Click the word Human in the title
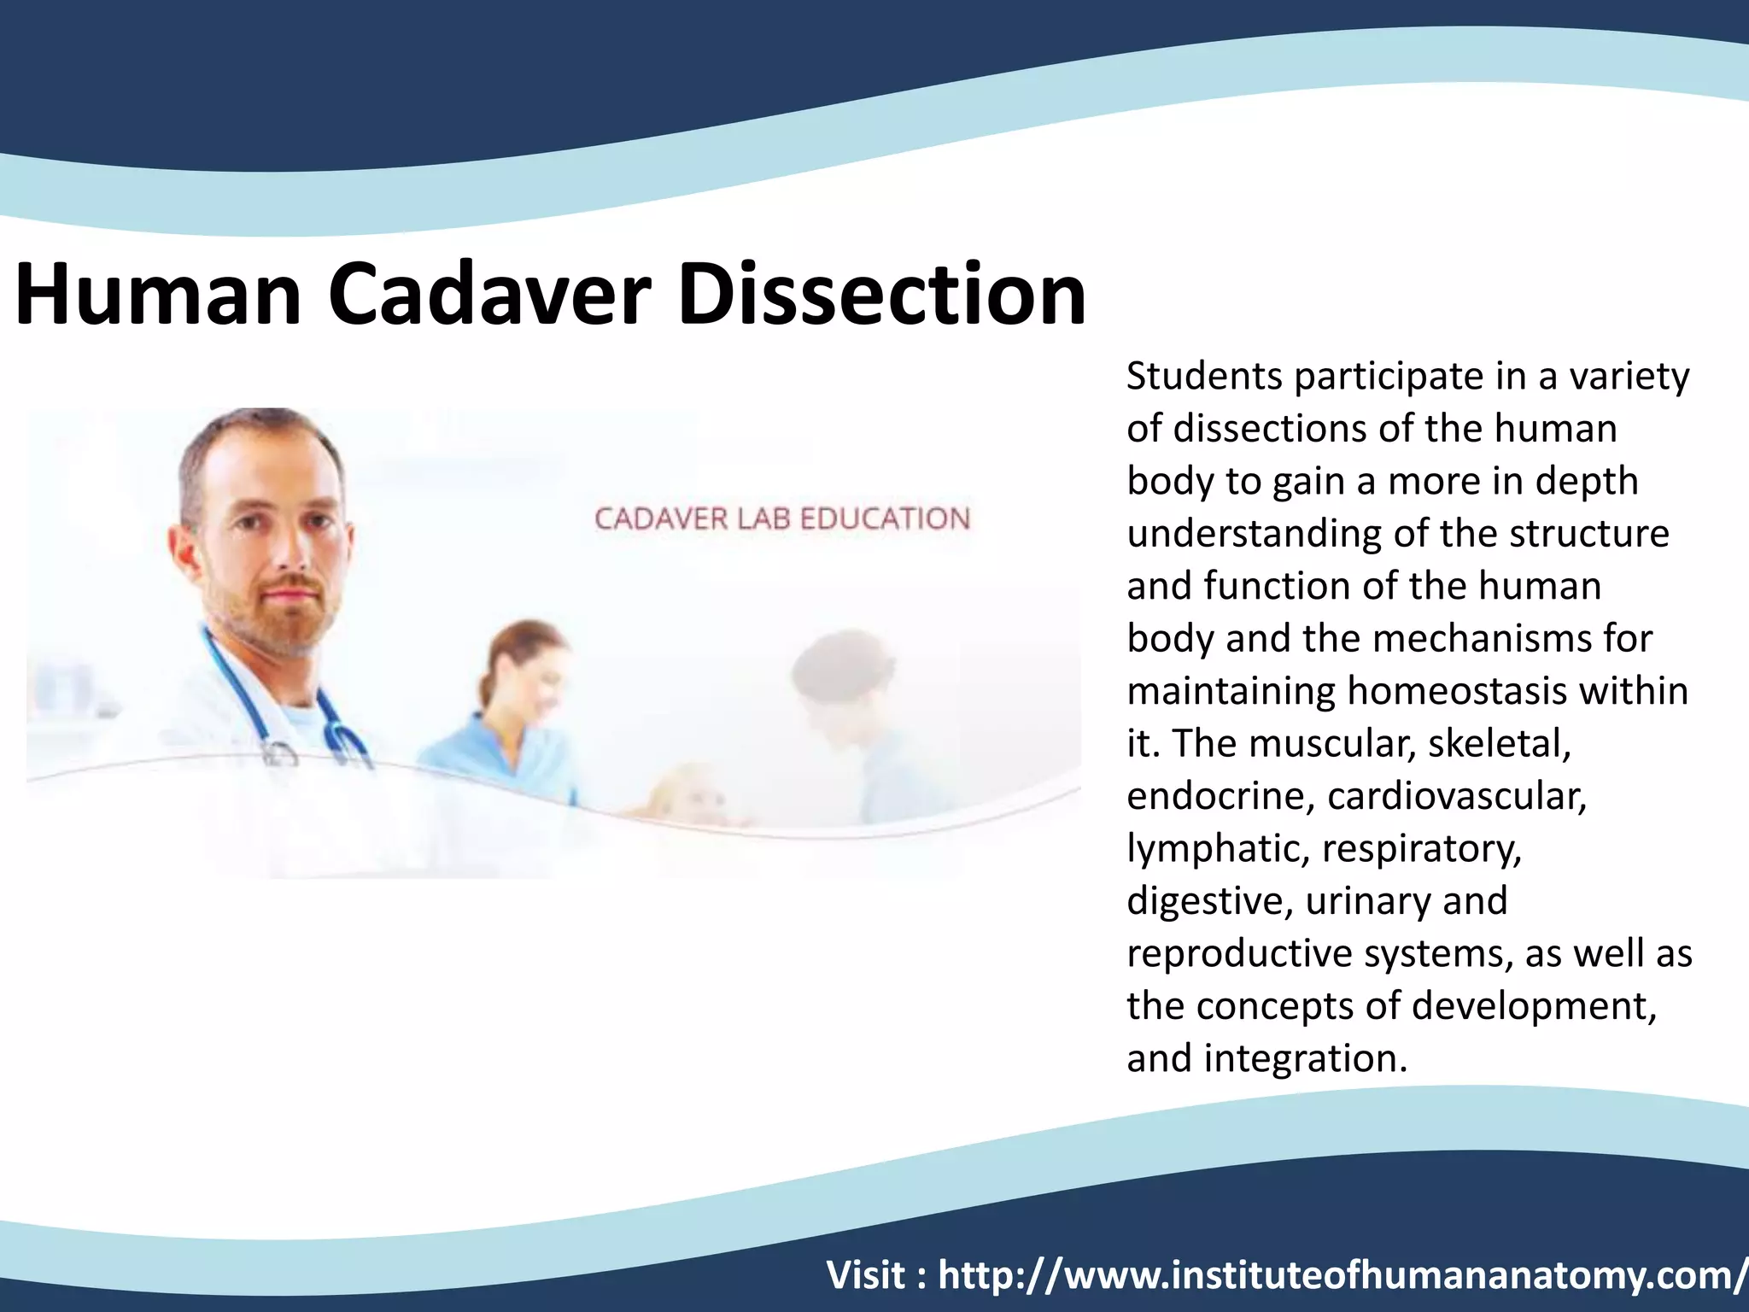pos(158,295)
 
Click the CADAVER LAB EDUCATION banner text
pos(781,518)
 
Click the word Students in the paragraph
pos(1204,377)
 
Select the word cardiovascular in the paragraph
pos(1456,796)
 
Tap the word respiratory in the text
pos(1421,849)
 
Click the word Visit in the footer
pos(865,1275)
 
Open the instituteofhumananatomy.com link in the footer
pos(1341,1275)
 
